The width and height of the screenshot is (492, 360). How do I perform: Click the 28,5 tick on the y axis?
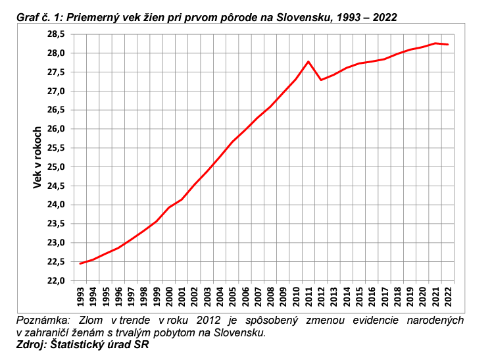pos(55,34)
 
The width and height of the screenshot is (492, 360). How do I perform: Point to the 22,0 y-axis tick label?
pos(55,281)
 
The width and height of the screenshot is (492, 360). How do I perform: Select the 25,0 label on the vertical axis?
pos(55,167)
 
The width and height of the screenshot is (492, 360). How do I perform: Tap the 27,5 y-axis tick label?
pos(55,72)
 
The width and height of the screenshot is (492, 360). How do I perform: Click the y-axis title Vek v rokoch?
pos(37,157)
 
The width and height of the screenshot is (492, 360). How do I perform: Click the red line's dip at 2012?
pos(321,80)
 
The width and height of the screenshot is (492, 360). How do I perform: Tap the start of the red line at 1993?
pos(80,263)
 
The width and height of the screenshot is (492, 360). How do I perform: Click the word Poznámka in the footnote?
pos(44,321)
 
